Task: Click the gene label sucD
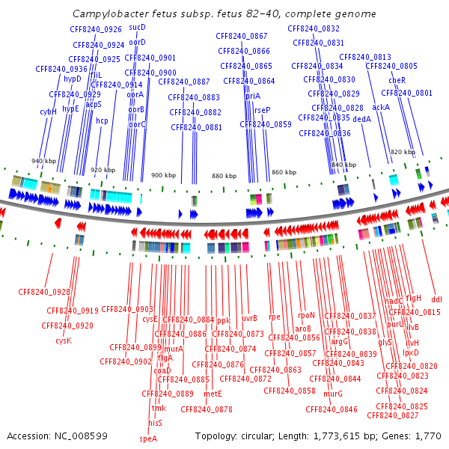coord(137,27)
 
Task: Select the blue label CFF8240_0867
coord(242,36)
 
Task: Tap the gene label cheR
coord(397,80)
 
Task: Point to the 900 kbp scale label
coord(162,175)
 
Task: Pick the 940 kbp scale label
coord(43,162)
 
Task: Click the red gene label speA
coord(148,439)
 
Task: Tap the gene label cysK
coord(63,340)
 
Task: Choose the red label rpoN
coord(307,315)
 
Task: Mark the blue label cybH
coord(48,112)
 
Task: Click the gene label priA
coord(252,96)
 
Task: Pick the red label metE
coord(213,393)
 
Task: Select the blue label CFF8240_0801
coord(406,93)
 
